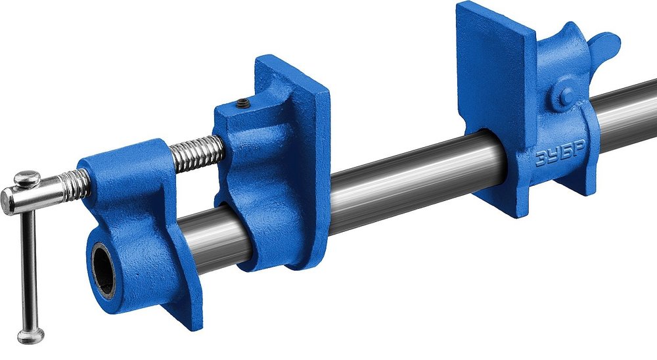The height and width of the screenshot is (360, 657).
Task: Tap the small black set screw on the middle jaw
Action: [242, 102]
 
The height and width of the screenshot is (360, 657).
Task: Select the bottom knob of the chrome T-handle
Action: [31, 335]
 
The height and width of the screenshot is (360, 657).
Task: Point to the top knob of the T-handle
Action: [27, 179]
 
